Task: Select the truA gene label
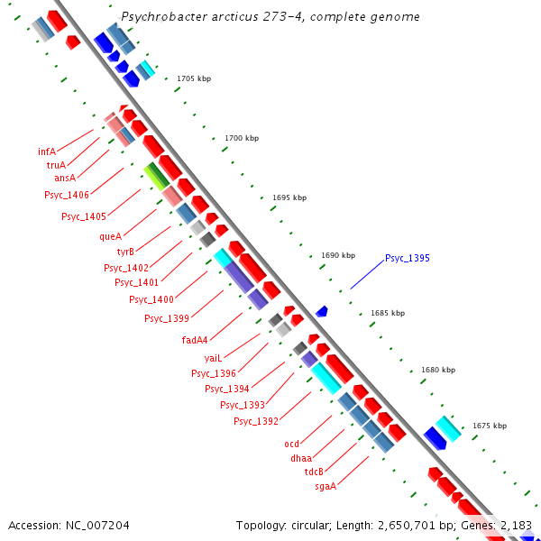(x=56, y=165)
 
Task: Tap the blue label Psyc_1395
(x=408, y=259)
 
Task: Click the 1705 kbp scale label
(x=193, y=79)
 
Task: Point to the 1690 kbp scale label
(x=338, y=255)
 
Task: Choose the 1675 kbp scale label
(x=490, y=426)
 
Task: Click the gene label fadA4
(x=195, y=340)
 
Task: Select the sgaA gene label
(x=326, y=486)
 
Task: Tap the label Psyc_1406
(x=67, y=195)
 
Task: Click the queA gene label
(x=110, y=236)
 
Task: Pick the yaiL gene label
(x=213, y=358)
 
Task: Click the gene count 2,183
(x=514, y=525)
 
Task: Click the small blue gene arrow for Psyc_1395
(x=321, y=311)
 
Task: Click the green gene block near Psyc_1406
(x=156, y=176)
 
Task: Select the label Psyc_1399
(x=167, y=318)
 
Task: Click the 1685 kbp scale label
(x=388, y=313)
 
